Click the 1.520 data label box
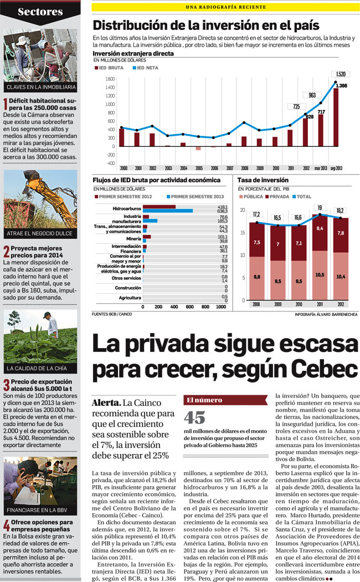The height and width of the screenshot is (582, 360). point(340,74)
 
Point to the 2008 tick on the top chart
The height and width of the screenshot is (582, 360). point(244,167)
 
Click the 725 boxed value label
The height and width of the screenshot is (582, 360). point(296,106)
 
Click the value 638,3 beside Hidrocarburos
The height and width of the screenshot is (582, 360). point(223,211)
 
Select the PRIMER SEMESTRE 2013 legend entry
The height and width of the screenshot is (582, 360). point(195,197)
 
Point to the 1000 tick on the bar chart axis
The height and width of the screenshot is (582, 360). point(206,307)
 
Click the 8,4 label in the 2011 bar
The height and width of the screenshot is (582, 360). point(320,228)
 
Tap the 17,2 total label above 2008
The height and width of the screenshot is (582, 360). point(256,215)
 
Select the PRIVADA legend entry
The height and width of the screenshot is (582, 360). point(280,197)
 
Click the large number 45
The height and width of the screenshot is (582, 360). point(195,417)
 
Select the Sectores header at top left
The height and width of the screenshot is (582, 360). point(40,12)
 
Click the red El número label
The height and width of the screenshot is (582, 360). point(204,400)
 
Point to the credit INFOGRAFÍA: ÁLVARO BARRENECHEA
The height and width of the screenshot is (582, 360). point(326,314)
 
